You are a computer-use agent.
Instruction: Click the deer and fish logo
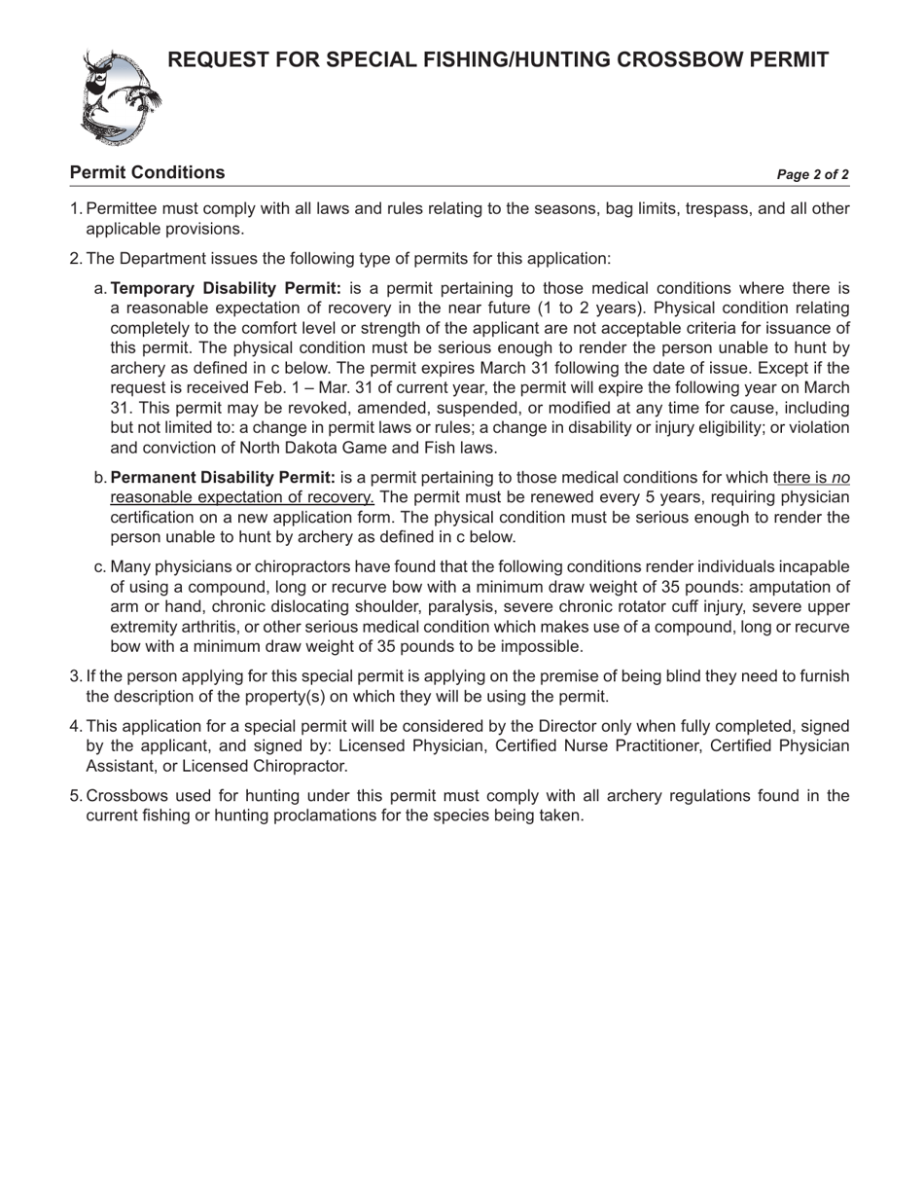pyautogui.click(x=120, y=97)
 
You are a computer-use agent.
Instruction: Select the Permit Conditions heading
pyautogui.click(x=147, y=173)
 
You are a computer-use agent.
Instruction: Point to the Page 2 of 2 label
pyautogui.click(x=812, y=175)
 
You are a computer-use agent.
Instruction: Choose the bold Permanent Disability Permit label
pyautogui.click(x=223, y=478)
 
